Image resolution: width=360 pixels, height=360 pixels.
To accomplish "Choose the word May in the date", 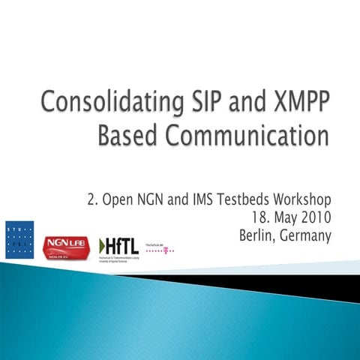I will pos(279,220).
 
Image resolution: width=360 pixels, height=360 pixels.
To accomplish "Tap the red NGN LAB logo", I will pos(67,245).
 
